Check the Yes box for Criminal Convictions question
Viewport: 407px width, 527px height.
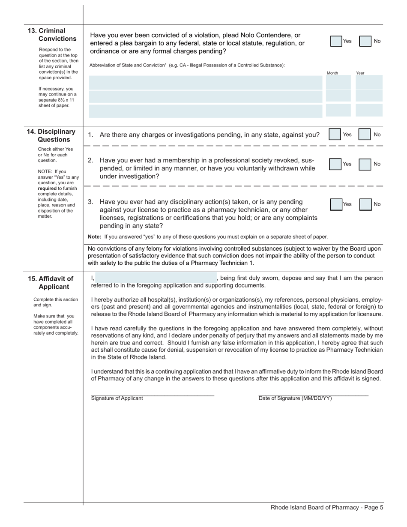336,41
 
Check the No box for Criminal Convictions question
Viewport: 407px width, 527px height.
365,41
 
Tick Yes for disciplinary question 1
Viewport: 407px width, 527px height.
335,135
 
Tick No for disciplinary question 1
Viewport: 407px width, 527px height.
364,135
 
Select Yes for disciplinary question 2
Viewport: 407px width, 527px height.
335,164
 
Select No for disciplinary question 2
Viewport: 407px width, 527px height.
365,164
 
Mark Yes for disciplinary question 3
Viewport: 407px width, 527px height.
336,204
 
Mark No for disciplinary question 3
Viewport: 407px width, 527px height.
365,204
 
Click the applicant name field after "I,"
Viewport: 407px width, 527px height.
155,278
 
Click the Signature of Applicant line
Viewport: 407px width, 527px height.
152,394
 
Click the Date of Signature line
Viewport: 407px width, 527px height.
313,394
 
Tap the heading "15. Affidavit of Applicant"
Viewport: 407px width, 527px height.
51,283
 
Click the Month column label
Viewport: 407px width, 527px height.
332,73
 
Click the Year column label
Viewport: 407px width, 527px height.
360,73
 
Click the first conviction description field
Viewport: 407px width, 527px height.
205,82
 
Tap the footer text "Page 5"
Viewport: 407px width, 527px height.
373,508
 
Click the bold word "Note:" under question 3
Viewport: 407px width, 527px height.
95,237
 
